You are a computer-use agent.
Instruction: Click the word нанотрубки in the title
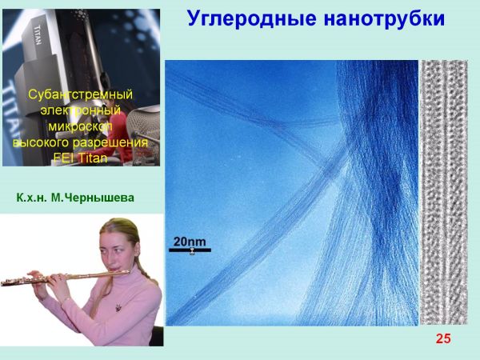[x=384, y=18]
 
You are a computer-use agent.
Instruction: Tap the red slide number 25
[x=443, y=338]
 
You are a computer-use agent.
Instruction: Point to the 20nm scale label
[x=190, y=242]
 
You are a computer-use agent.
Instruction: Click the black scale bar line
[x=190, y=250]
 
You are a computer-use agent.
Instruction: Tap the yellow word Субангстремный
[x=81, y=94]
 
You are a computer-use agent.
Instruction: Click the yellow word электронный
[x=80, y=110]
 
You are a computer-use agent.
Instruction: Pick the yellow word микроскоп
[x=80, y=126]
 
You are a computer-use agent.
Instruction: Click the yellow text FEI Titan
[x=80, y=158]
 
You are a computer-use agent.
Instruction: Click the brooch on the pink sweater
[x=118, y=307]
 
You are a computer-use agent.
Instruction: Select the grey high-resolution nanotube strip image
[x=444, y=192]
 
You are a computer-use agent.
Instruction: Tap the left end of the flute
[x=2, y=284]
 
